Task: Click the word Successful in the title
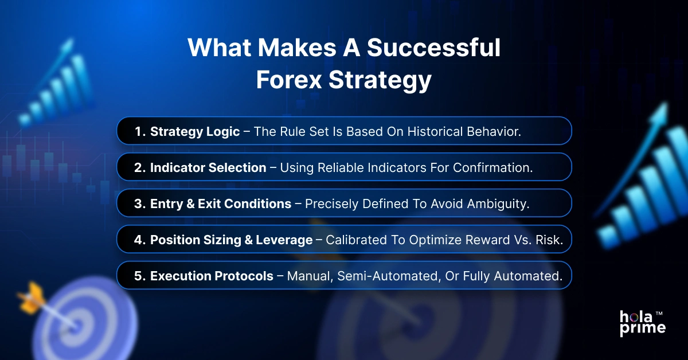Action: coord(433,48)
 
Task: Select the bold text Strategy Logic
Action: coord(195,131)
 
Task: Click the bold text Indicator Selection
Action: coord(208,167)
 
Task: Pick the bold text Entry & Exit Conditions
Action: coord(220,204)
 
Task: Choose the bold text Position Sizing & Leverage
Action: coord(231,240)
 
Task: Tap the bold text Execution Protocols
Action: coord(212,276)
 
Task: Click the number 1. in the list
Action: coord(140,131)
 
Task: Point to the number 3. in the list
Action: coord(140,204)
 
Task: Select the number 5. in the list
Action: coord(140,276)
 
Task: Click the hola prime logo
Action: coord(642,323)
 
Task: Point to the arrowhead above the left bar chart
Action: coord(69,44)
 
